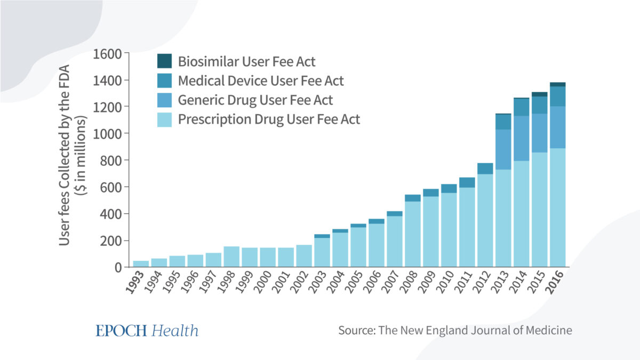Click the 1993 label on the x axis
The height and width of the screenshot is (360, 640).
click(135, 283)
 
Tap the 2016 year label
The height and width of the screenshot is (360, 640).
click(555, 283)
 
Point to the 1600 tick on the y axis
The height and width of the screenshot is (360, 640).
click(107, 54)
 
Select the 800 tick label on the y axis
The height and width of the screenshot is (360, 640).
click(111, 161)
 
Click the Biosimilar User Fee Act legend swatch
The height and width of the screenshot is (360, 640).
click(165, 61)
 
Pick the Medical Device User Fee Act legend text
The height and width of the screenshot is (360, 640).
click(261, 81)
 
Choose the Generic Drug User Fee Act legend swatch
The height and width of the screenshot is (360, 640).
click(165, 100)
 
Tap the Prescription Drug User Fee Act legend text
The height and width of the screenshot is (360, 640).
click(269, 119)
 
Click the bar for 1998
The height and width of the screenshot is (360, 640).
click(231, 257)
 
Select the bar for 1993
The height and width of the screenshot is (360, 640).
click(141, 264)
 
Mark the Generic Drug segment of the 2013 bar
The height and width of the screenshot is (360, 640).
click(503, 149)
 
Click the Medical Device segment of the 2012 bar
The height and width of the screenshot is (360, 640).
click(485, 169)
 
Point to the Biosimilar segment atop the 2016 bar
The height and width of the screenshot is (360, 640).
click(558, 84)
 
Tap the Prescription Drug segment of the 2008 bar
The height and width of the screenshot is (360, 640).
click(413, 234)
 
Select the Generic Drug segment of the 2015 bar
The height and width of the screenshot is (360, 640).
click(539, 133)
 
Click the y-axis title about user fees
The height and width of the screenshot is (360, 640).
click(72, 155)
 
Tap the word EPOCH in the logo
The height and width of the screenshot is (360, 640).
click(121, 331)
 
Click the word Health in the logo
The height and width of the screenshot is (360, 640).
click(175, 331)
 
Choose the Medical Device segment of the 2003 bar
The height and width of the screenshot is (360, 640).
click(322, 236)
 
